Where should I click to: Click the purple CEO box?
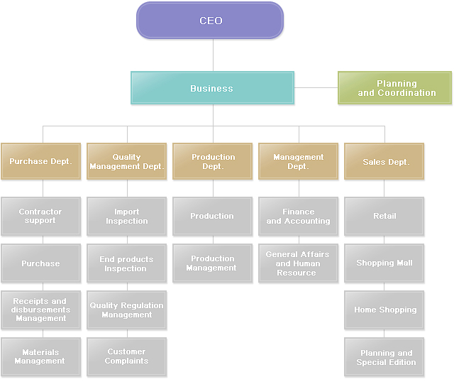click(x=210, y=20)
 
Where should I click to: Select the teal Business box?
click(x=212, y=88)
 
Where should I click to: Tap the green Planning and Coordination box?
click(x=394, y=88)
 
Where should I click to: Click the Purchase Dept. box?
click(x=40, y=161)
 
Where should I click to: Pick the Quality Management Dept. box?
click(x=126, y=161)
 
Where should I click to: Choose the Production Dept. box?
click(x=213, y=161)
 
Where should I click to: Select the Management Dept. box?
click(x=298, y=161)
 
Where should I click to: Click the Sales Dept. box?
click(x=384, y=161)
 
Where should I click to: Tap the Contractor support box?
click(x=40, y=216)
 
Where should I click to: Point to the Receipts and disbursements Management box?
click(x=40, y=310)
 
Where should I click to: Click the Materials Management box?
click(x=40, y=356)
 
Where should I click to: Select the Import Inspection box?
click(x=126, y=216)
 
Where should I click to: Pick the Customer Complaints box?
click(x=126, y=356)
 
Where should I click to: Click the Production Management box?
click(x=213, y=263)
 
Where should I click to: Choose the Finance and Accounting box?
click(x=298, y=216)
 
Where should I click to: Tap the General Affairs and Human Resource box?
click(x=298, y=263)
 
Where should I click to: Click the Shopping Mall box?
click(x=384, y=263)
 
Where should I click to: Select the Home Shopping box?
click(x=384, y=310)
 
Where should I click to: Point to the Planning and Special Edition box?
click(x=384, y=356)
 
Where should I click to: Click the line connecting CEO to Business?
click(x=213, y=55)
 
